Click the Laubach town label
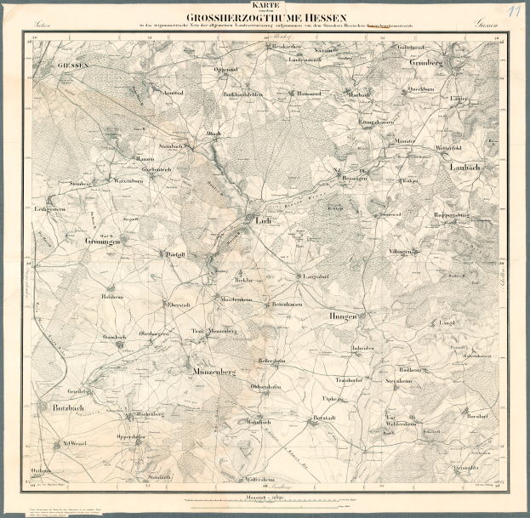tap(465, 168)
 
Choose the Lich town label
tap(263, 219)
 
